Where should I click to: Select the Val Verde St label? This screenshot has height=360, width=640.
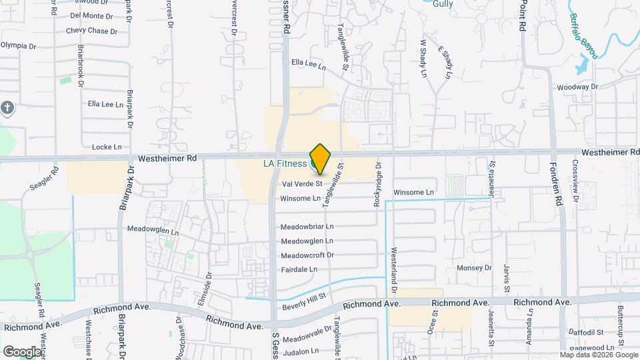pos(302,183)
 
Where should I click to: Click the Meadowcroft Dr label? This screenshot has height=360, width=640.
pos(307,255)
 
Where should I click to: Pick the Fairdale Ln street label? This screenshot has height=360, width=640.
pos(299,269)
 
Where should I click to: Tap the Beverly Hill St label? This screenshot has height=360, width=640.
pos(303,302)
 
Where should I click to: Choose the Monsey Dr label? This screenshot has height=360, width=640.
pos(474,268)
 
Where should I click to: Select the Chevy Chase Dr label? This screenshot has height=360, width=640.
pos(91,31)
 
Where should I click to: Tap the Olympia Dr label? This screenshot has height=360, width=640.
pos(18,45)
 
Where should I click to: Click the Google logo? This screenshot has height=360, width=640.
pos(21,351)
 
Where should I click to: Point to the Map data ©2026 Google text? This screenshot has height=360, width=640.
pos(599,355)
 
